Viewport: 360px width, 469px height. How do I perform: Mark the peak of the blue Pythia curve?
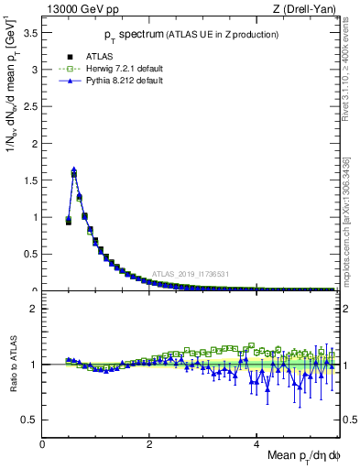click(x=73, y=169)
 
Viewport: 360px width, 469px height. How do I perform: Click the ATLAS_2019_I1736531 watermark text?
click(x=191, y=273)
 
